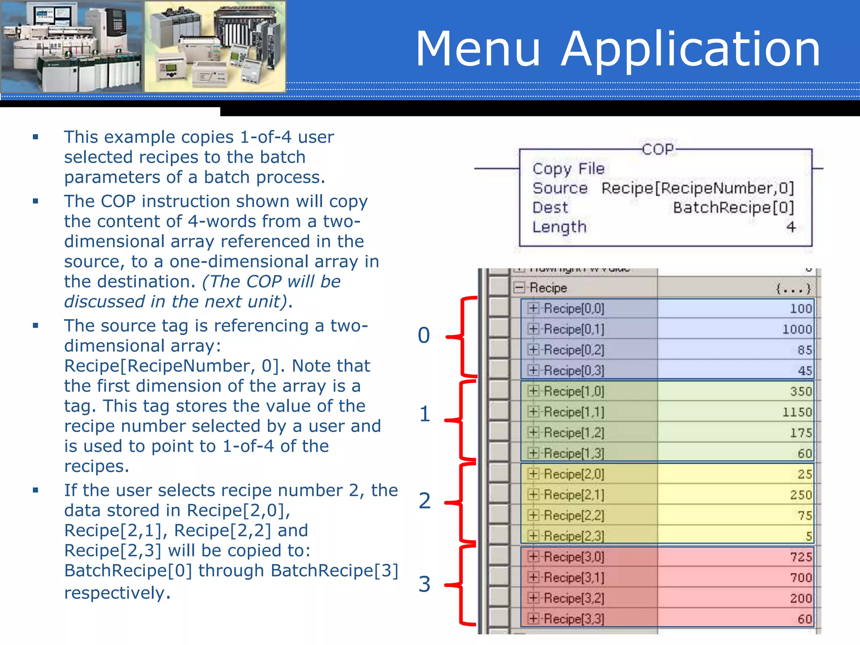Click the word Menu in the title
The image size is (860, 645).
pos(477,49)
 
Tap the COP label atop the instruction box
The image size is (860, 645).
pos(658,149)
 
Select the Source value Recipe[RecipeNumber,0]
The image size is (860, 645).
pos(697,188)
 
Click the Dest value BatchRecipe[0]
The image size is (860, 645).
pos(733,207)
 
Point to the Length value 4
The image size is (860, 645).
pos(791,227)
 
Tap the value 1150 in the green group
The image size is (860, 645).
pos(797,412)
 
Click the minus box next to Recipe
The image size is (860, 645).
pos(519,288)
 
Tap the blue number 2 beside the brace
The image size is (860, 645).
pos(425,501)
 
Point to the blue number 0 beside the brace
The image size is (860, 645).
pos(424,335)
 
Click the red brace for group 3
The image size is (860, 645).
pos(462,585)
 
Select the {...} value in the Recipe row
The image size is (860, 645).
pos(793,288)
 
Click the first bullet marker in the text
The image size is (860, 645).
pos(36,137)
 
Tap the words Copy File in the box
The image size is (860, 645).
pos(568,169)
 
